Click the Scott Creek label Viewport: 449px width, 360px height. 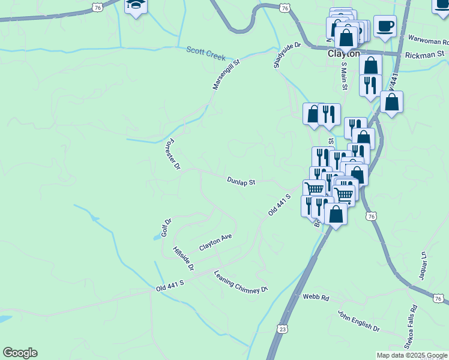point(206,53)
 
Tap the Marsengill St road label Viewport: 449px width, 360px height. point(226,74)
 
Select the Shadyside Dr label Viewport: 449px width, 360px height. point(286,55)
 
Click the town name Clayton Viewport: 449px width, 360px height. point(343,53)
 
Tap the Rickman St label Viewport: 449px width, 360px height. point(424,54)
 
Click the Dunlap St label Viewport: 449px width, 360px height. point(241,181)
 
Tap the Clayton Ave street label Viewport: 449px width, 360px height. point(215,242)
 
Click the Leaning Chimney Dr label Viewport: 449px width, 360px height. point(241,282)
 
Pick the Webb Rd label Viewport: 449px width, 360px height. point(316,298)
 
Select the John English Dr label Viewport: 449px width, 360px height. point(359,322)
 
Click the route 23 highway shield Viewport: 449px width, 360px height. point(282,329)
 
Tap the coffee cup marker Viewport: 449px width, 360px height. point(385,26)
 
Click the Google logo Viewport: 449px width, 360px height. point(20,353)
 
